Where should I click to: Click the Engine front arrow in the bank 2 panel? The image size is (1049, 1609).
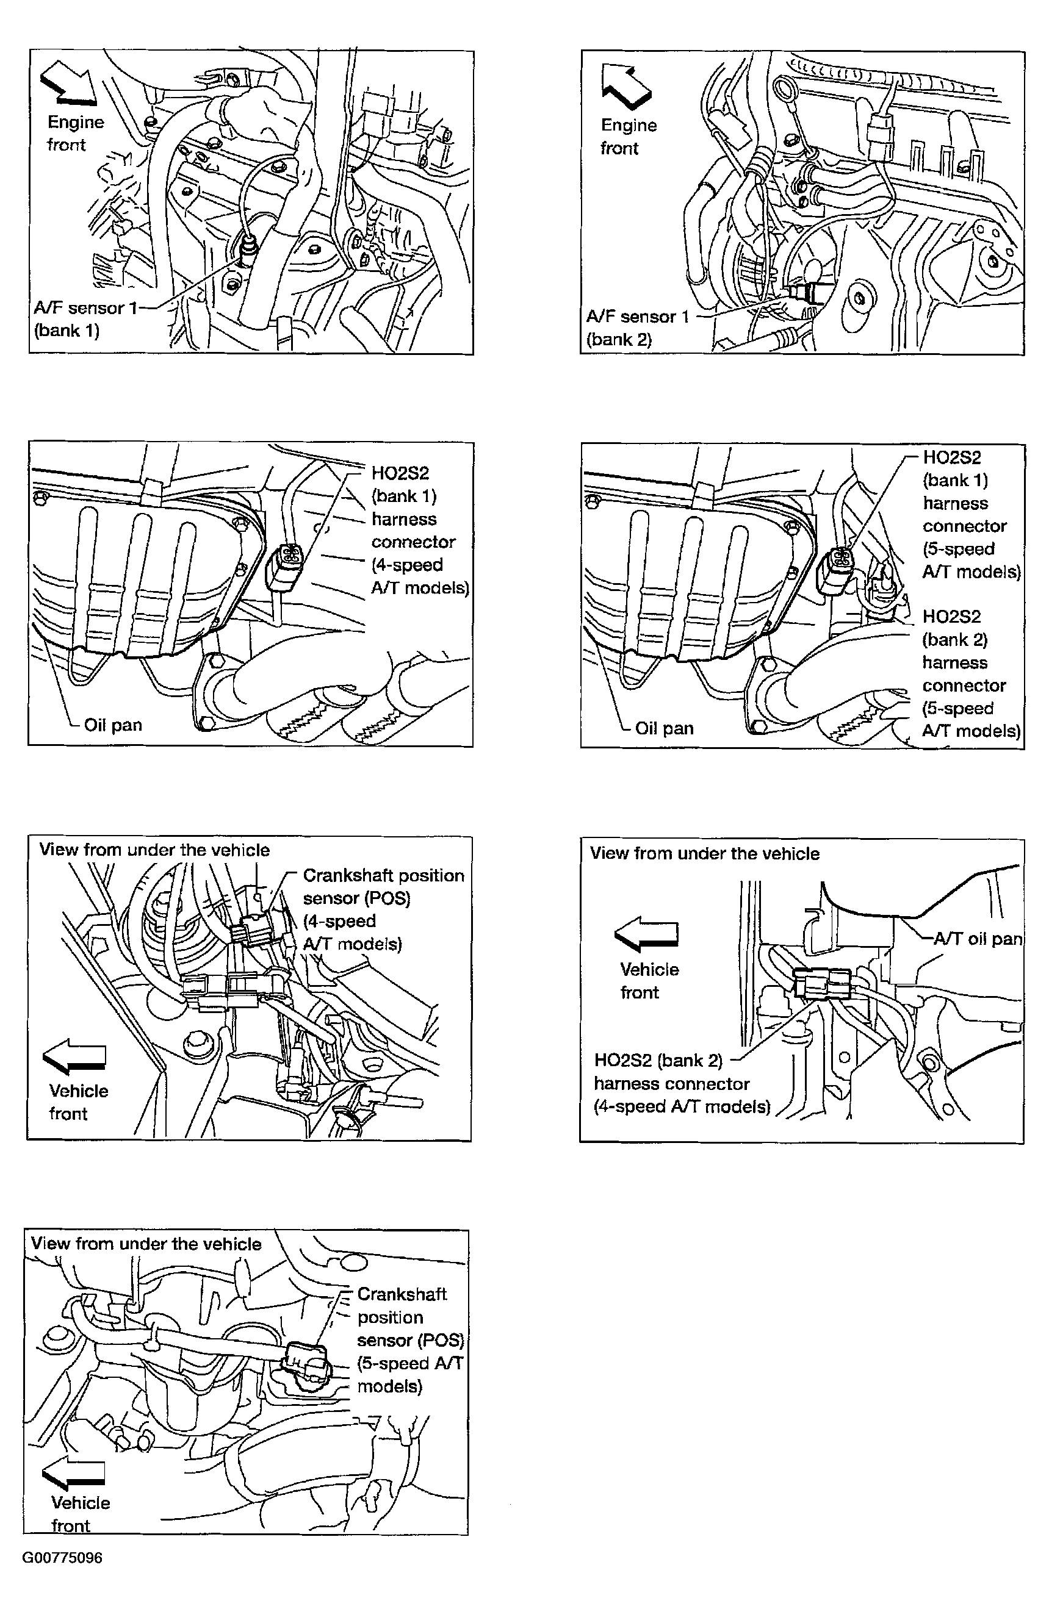625,86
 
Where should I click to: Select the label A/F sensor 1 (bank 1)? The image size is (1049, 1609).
85,318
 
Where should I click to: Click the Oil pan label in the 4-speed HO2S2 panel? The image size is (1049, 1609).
112,725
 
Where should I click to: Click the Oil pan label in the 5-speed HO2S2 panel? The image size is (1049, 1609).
663,728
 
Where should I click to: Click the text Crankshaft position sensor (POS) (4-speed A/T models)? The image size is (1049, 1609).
383,909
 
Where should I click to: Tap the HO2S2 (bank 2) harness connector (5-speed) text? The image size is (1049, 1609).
970,673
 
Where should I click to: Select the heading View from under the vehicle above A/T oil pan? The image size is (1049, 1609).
704,853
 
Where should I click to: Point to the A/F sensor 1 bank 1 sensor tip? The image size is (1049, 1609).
248,250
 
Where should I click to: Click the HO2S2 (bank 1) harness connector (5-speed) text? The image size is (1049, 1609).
970,514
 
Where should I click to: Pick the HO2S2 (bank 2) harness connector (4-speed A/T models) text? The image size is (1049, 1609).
681,1083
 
